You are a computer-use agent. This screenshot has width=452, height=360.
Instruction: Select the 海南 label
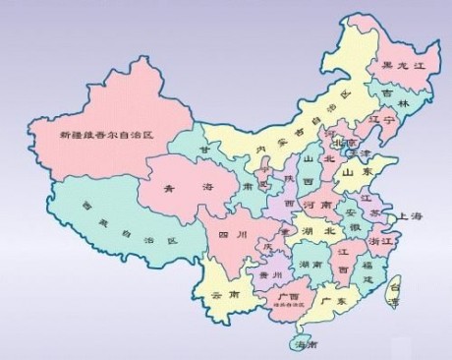tap(305, 345)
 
